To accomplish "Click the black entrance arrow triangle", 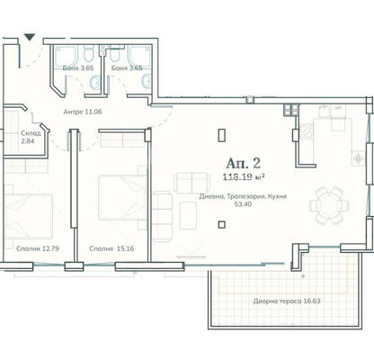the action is [30, 37].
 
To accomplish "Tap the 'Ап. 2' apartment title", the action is [243, 164].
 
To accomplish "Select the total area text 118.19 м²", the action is [244, 177].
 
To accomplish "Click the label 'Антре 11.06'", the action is [83, 112].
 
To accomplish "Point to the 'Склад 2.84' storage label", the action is [31, 137].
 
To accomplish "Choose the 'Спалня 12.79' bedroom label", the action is [38, 248].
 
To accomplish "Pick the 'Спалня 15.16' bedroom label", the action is [111, 248].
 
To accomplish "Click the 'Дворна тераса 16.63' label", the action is [287, 301].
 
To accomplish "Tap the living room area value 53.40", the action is [244, 204].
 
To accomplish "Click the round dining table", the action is [329, 205].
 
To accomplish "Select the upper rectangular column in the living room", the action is [222, 135].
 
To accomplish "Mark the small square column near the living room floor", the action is [222, 225].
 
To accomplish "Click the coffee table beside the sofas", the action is [188, 216].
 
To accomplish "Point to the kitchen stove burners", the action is [307, 131].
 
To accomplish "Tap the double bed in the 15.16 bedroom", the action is [122, 198].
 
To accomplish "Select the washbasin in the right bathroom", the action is [147, 81].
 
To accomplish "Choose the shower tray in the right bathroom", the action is [139, 56].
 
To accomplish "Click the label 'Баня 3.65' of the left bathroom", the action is [78, 67].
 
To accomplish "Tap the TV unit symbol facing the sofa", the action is [191, 256].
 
